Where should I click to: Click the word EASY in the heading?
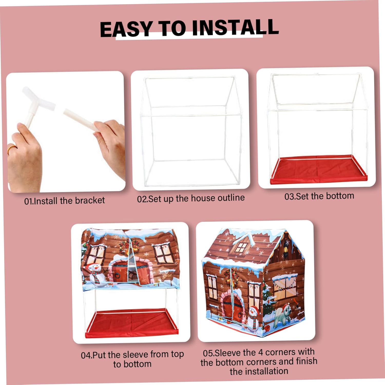point(126,29)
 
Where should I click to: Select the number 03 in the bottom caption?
point(289,197)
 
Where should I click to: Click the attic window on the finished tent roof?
point(241,246)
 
